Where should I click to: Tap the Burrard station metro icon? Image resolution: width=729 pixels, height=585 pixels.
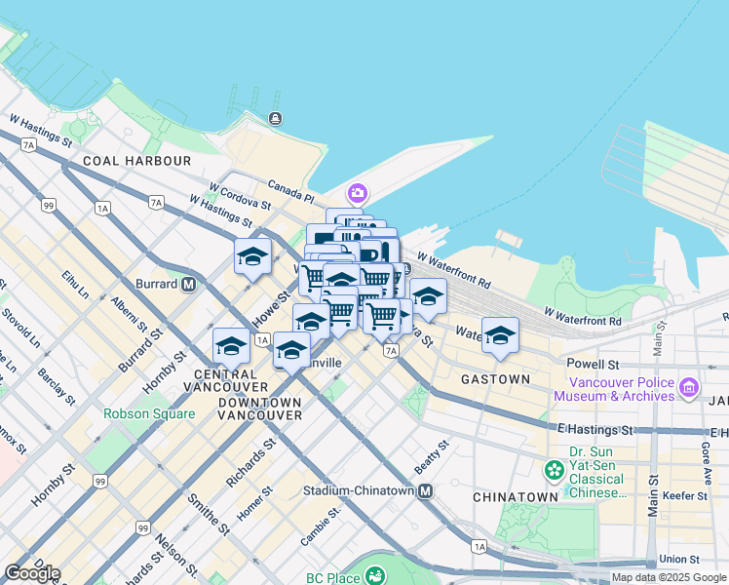[x=189, y=284]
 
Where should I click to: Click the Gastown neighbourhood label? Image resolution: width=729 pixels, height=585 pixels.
[x=495, y=378]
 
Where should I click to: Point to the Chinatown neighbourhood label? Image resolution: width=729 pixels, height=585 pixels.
[x=515, y=497]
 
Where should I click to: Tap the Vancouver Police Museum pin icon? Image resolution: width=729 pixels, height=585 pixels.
[x=690, y=388]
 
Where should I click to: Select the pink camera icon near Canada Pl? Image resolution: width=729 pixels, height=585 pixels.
[x=358, y=193]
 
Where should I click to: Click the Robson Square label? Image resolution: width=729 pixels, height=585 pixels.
[x=149, y=413]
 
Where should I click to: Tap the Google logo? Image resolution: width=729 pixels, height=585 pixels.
[x=32, y=573]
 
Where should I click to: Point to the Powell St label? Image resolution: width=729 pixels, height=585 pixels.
[x=594, y=363]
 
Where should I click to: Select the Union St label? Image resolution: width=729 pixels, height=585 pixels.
[x=678, y=559]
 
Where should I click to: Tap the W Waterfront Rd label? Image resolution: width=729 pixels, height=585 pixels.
[x=583, y=316]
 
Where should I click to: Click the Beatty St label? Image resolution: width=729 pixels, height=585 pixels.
[x=431, y=457]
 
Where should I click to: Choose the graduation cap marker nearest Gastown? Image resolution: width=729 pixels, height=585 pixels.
[x=500, y=335]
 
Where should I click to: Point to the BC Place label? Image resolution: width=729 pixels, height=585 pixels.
[x=328, y=577]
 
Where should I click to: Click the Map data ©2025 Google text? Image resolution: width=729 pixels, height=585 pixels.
[x=669, y=577]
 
